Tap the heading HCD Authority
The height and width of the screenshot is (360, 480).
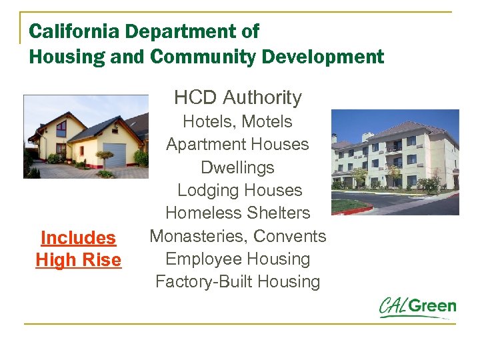[238, 98]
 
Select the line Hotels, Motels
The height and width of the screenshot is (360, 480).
[238, 122]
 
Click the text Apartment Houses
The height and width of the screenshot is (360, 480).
[238, 145]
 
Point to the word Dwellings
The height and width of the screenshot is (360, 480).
[238, 167]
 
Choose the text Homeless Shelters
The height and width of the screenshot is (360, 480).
[238, 213]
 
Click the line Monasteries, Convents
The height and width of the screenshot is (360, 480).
[238, 236]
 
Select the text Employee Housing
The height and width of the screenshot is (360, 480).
[238, 259]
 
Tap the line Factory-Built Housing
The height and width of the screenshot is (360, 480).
[238, 281]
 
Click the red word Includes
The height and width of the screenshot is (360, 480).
[78, 238]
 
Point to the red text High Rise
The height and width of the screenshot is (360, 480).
[78, 260]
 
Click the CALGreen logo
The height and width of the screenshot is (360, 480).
[417, 308]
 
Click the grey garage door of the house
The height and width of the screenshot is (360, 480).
[115, 154]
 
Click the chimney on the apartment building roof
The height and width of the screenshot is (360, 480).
[367, 137]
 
